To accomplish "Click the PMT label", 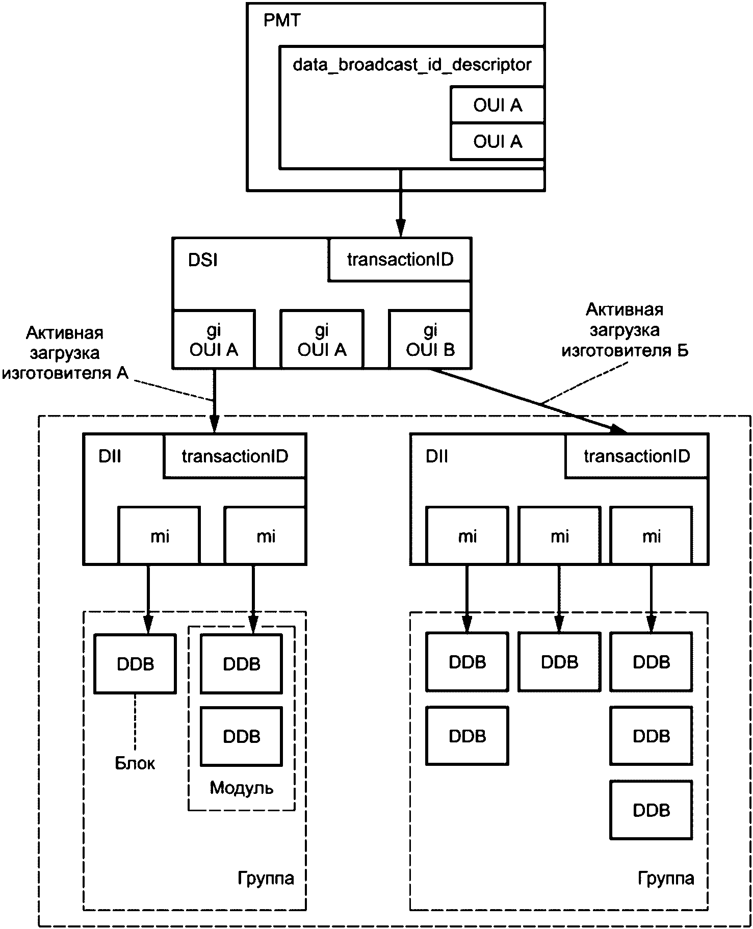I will [282, 21].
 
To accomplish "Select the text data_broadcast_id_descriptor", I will [412, 65].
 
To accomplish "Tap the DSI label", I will [203, 260].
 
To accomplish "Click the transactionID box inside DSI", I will [400, 260].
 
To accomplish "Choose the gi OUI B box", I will [430, 340].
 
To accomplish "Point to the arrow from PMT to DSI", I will [401, 204].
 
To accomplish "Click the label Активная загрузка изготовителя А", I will [65, 353].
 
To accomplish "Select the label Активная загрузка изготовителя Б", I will [625, 330].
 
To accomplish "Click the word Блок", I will [135, 763].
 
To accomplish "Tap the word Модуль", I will [242, 788].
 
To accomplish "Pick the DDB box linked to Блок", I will [135, 664].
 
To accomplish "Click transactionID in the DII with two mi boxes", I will [235, 456].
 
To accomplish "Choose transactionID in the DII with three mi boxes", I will [637, 456].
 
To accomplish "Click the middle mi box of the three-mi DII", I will [559, 535].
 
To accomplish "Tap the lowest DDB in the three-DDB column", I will [651, 810].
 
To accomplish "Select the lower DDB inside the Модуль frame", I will [242, 736].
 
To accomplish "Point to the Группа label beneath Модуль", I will [266, 878].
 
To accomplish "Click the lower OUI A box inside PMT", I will [498, 141].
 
